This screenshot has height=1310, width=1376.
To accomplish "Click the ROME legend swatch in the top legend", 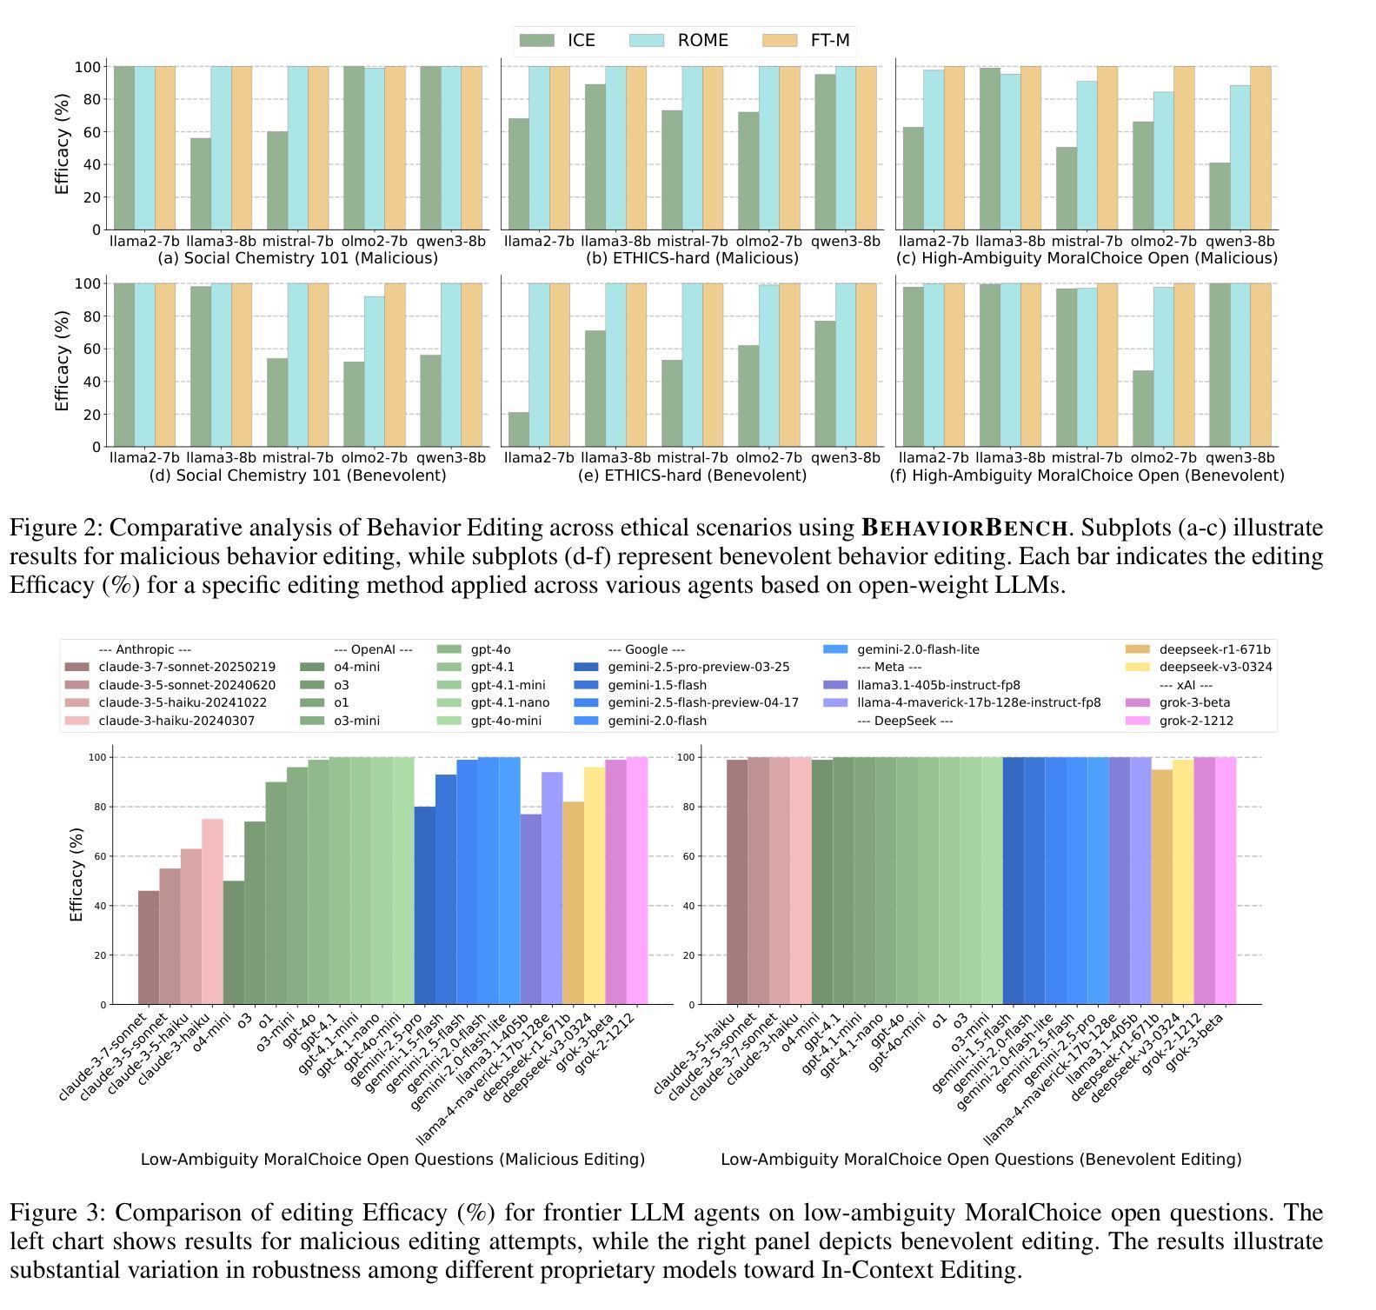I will [646, 41].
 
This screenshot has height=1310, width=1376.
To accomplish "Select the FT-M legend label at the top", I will [830, 41].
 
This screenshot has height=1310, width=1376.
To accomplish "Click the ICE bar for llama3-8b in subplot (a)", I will [200, 183].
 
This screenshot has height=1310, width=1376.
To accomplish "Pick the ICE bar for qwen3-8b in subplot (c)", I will [1219, 196].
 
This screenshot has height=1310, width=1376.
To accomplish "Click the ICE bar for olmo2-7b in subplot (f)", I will [1142, 409].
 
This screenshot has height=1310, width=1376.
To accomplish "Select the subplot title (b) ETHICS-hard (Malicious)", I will [692, 258].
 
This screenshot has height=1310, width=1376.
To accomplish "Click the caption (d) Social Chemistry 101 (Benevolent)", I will [297, 475].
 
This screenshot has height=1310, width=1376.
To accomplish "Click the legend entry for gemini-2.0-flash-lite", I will [918, 649].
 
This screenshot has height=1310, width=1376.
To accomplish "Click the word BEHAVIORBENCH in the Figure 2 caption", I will [964, 528].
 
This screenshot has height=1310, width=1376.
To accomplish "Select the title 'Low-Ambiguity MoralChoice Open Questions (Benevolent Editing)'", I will [980, 1160].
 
